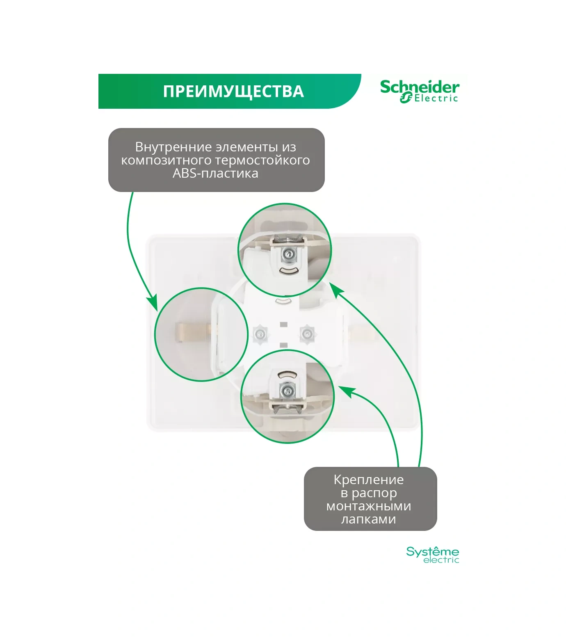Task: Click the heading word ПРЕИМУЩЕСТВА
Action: (233, 91)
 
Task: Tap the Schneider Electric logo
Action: (419, 91)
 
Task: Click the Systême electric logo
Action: (432, 555)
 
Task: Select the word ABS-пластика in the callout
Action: (215, 173)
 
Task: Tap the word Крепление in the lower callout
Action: (368, 480)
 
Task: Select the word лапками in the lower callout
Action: (368, 519)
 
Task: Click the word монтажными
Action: (368, 506)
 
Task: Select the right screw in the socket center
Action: (306, 333)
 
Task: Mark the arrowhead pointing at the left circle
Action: (153, 303)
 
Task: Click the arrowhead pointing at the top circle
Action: (336, 290)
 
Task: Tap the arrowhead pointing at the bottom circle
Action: (345, 391)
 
